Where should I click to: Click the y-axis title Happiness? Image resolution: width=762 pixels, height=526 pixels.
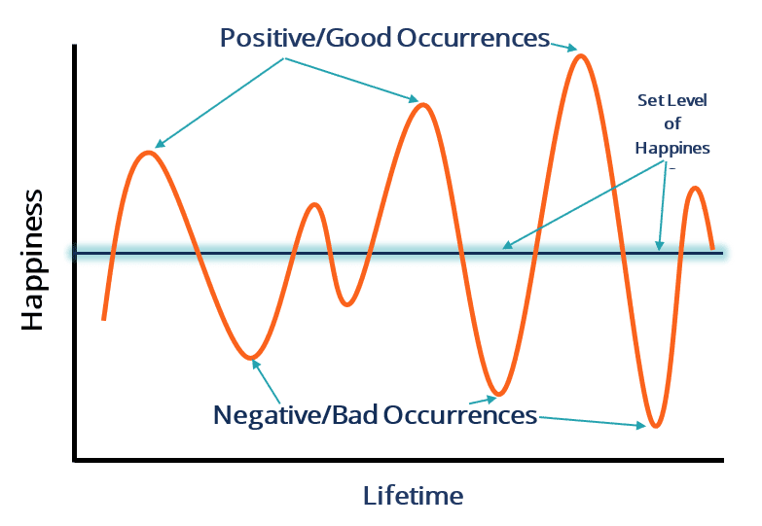click(32, 260)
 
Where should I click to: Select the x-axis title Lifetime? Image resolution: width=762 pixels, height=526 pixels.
click(413, 496)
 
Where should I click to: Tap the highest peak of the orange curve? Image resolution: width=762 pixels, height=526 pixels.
click(581, 55)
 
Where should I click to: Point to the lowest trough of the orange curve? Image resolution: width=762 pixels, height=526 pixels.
click(657, 426)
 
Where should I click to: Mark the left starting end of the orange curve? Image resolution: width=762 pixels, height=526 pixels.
click(103, 318)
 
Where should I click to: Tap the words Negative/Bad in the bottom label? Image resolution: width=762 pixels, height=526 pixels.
click(296, 415)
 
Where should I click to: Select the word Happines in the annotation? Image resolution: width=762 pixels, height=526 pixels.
click(672, 148)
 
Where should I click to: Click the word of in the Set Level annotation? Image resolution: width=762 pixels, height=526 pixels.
click(672, 123)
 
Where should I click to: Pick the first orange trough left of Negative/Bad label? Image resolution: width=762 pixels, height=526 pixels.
click(251, 357)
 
